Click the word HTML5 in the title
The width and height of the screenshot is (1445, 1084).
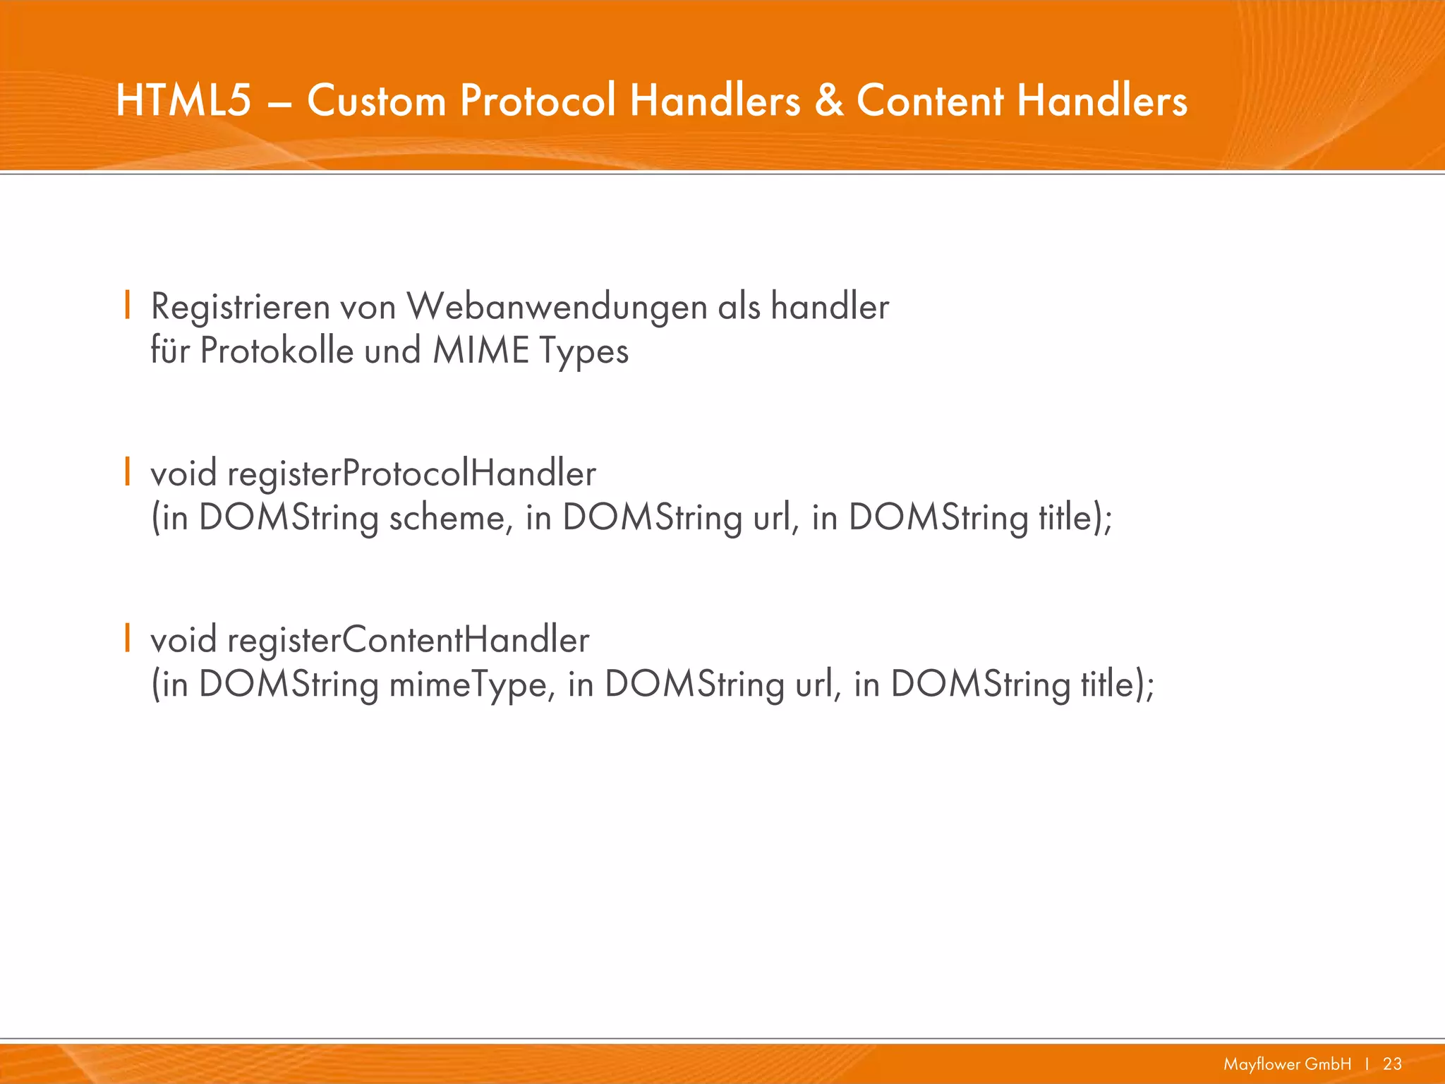(183, 100)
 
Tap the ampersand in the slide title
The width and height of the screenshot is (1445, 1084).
(829, 100)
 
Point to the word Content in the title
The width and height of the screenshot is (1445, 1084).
(931, 100)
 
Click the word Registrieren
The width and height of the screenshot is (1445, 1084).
(240, 308)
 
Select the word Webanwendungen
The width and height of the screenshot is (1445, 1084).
(557, 308)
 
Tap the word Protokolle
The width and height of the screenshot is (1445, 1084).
(277, 351)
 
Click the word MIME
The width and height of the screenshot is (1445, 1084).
(480, 351)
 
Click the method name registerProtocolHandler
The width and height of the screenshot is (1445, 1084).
(411, 474)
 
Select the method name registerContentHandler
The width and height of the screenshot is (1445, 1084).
(408, 641)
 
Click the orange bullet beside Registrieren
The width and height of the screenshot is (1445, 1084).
(127, 306)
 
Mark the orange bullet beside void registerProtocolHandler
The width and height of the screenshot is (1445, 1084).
(127, 472)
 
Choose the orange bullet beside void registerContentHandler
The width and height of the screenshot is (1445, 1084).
(127, 638)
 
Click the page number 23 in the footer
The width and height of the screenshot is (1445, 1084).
(1392, 1064)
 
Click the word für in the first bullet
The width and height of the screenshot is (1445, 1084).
(170, 351)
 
